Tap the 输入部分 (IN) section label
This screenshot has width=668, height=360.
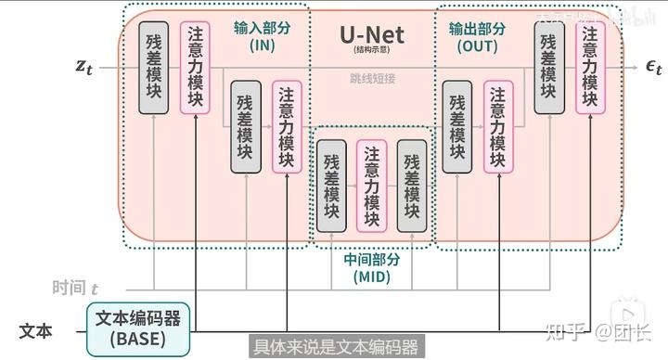(263, 36)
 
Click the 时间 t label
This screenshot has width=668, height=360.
(75, 289)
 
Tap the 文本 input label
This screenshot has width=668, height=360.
(36, 330)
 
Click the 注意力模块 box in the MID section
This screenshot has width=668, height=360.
(370, 185)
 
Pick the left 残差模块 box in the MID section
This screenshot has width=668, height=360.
(331, 185)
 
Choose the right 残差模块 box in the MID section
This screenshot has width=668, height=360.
(411, 185)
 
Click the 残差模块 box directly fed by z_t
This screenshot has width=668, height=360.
(154, 66)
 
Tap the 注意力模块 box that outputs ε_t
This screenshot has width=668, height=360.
(589, 67)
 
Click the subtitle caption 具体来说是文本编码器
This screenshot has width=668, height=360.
(336, 347)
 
